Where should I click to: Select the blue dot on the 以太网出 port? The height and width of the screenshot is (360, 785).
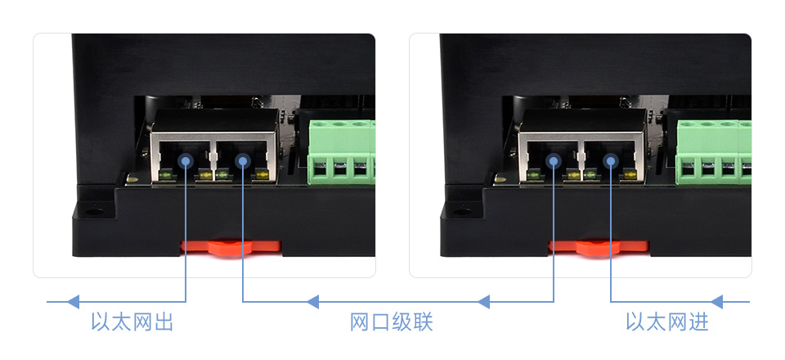pyautogui.click(x=186, y=161)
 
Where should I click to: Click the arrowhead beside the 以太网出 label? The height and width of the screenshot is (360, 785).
pyautogui.click(x=74, y=302)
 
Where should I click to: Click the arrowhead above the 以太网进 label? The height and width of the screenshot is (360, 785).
pyautogui.click(x=718, y=302)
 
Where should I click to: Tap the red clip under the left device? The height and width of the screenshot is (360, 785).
pyautogui.click(x=231, y=246)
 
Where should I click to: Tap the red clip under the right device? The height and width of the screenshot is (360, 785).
pyautogui.click(x=598, y=246)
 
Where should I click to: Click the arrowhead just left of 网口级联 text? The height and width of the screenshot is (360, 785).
pyautogui.click(x=312, y=302)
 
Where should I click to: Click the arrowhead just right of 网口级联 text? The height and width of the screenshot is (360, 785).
pyautogui.click(x=483, y=302)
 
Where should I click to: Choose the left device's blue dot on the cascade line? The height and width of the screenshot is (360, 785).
pyautogui.click(x=243, y=161)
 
